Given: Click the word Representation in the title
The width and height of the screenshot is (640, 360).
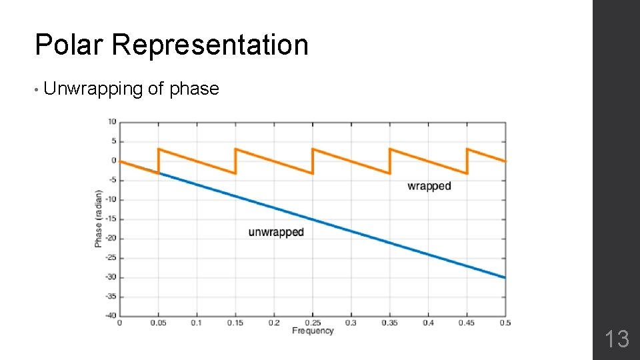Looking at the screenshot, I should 210,45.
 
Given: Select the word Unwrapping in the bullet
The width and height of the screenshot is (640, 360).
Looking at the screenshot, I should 93,89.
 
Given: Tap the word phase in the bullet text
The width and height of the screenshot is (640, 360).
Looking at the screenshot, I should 194,89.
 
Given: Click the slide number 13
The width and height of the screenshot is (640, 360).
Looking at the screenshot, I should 617,339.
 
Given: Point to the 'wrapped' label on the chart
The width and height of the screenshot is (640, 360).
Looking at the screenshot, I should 429,186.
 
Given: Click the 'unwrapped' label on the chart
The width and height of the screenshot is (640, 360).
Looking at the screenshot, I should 276,232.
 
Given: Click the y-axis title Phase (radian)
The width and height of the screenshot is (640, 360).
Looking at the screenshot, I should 99,219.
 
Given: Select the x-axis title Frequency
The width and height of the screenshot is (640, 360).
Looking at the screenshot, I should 312,331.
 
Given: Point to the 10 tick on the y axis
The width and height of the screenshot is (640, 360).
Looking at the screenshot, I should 112,122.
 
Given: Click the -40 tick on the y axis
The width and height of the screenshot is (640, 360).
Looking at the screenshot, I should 111,315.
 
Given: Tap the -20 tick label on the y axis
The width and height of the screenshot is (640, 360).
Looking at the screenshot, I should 111,238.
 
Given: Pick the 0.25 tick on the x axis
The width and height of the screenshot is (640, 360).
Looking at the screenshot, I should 312,323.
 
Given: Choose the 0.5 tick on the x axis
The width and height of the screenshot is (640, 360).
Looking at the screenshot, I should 505,323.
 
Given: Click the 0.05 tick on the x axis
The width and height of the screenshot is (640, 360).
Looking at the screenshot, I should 158,323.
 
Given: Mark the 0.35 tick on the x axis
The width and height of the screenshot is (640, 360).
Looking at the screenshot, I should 389,323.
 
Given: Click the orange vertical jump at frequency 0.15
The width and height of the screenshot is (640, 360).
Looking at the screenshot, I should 235,161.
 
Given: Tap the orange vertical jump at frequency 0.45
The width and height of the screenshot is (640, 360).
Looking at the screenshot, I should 467,161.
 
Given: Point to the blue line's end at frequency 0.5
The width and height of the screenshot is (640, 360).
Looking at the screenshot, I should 504,277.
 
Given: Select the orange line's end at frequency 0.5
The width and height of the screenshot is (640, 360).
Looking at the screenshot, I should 504,161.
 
